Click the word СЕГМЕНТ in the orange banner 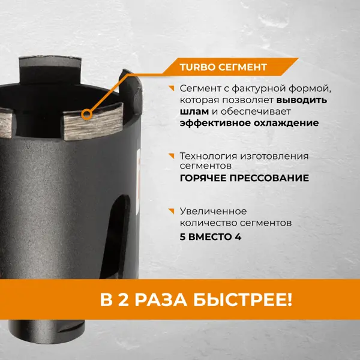point(242,67)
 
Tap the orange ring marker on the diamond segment point(86,115)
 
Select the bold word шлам point(194,112)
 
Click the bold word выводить point(302,100)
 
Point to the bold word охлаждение point(286,123)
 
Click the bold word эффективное point(215,123)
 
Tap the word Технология point(208,156)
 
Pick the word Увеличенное point(213,211)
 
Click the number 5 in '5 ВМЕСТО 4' point(182,237)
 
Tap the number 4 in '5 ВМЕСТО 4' point(238,237)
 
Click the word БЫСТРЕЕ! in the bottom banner point(242,300)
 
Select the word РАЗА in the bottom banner point(160,300)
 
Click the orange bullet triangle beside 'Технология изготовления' point(172,155)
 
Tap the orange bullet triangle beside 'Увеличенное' point(172,211)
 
